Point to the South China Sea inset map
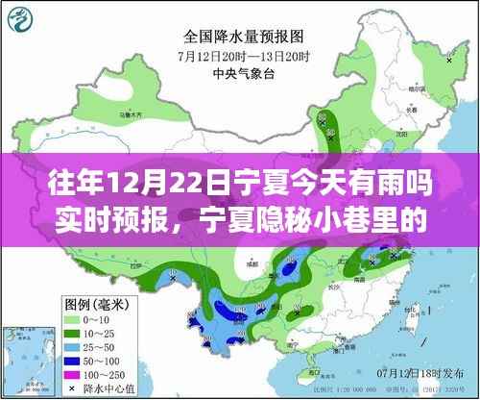441,346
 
